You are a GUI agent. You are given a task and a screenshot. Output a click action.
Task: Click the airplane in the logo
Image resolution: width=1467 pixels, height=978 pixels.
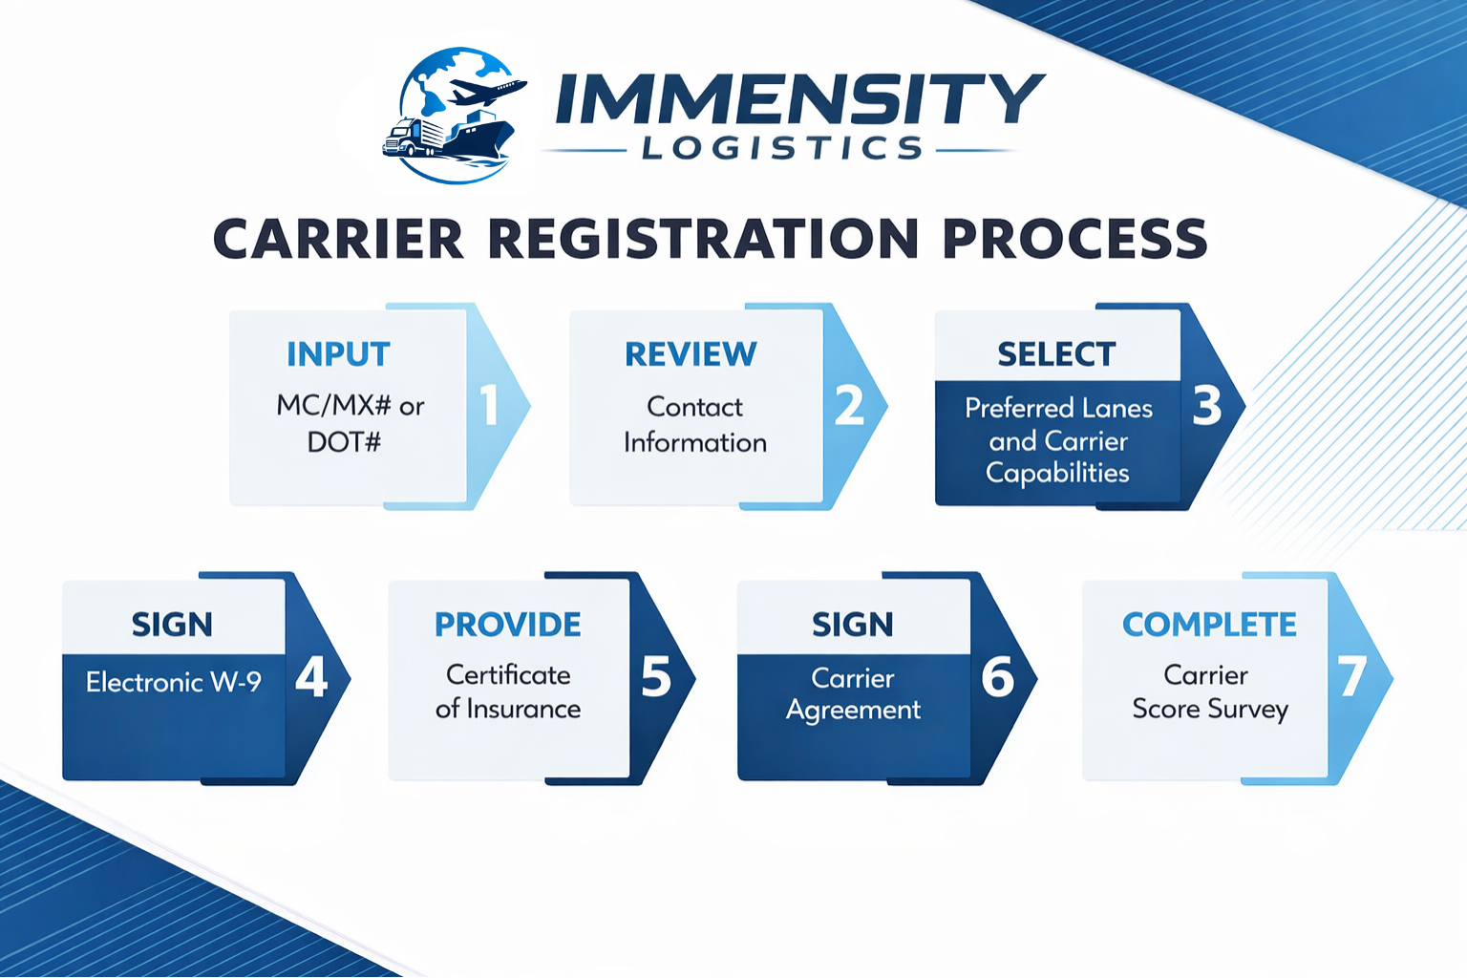click(487, 93)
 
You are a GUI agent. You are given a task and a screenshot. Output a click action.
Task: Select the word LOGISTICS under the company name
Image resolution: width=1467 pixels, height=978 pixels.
click(782, 148)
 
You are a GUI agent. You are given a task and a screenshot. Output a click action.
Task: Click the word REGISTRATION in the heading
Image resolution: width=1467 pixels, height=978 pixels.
click(703, 239)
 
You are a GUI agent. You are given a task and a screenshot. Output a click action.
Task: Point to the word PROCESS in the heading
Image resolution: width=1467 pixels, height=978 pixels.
click(1074, 239)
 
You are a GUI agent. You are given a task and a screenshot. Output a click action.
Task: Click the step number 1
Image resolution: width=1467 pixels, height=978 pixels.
click(489, 405)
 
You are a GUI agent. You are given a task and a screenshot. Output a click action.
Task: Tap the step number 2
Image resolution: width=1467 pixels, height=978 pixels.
click(849, 405)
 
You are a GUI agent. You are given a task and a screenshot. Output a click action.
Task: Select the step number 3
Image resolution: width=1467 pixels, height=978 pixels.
click(1207, 405)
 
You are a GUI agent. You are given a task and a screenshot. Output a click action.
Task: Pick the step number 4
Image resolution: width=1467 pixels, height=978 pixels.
click(311, 677)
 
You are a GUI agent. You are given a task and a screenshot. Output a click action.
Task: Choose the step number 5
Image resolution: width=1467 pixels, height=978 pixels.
click(656, 677)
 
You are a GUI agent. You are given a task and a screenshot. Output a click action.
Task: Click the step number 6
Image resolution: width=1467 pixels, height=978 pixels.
click(998, 677)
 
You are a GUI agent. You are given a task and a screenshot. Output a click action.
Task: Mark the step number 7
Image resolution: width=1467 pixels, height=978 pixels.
click(1351, 677)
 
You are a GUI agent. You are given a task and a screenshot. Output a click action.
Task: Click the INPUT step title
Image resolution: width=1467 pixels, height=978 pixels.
click(338, 354)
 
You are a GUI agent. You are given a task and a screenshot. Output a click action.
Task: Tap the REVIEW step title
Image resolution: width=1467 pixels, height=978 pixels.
click(691, 354)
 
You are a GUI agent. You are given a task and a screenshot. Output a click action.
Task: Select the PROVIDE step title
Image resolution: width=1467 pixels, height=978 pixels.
click(508, 625)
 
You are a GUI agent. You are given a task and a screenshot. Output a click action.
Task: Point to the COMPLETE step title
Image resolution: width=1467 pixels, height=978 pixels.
click(1209, 625)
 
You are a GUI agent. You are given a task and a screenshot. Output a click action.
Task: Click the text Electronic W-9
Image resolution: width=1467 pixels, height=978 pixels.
click(173, 682)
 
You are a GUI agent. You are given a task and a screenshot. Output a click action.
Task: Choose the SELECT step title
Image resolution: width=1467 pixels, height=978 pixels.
click(1056, 354)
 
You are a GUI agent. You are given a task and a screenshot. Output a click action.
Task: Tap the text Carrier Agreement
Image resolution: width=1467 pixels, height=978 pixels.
click(853, 694)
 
